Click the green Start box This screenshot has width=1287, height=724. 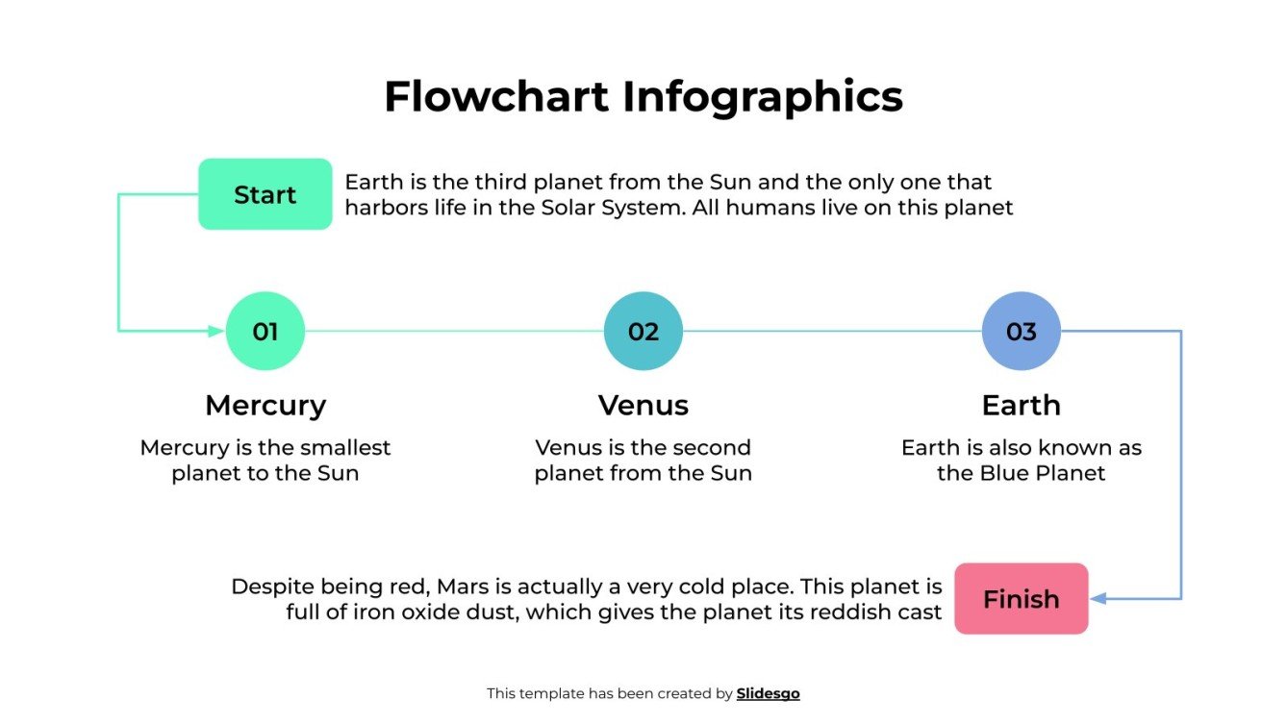265,194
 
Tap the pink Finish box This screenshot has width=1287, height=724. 1021,599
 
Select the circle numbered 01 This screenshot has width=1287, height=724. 265,332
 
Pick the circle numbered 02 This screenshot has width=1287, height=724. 643,332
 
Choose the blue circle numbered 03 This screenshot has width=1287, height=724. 1021,332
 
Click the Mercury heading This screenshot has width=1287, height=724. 265,405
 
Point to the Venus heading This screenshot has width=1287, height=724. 643,405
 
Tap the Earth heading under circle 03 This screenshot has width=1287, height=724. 1021,405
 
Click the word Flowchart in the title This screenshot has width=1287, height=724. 495,97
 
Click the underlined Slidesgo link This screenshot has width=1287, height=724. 768,693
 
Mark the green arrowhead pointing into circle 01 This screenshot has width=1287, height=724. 216,332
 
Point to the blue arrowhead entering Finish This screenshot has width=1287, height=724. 1098,599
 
